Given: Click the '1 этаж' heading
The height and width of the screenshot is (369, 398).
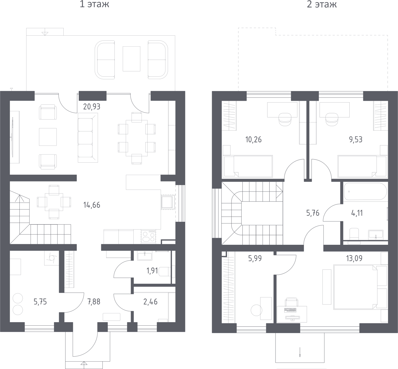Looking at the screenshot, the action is coord(95,4).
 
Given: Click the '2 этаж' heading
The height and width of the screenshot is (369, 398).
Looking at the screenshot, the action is coord(322,4).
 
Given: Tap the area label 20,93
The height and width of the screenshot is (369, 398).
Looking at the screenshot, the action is coord(92,107).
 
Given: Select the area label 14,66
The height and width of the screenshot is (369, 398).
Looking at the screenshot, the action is coord(92,205).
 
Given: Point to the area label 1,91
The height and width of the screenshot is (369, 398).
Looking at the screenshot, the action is coord(152,271).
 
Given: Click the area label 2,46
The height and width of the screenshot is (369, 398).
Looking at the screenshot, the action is coord(150,302).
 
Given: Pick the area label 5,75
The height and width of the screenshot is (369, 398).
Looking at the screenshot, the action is coord(40,302).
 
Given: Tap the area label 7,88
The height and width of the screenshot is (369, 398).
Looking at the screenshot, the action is coord(94,302).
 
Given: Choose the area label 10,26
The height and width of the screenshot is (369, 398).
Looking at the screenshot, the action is coord(253,140).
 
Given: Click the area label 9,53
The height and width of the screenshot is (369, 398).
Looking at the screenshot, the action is coord(356,140).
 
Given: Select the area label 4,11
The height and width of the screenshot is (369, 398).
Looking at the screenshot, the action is coord(357,213).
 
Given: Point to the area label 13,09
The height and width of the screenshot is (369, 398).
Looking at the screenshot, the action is coord(354,258).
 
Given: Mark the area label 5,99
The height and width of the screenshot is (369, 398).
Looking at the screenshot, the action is coord(255,258).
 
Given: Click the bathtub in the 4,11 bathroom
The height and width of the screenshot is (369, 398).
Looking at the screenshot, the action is coord(366,191).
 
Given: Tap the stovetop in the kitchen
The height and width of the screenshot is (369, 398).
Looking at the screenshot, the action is coord(149,236).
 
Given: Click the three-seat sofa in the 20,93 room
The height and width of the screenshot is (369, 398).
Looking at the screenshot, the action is coord(88,138).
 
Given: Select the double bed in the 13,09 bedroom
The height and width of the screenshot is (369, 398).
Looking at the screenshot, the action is coord(356,287).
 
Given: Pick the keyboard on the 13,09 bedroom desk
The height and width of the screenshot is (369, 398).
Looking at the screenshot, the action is coord(290,310).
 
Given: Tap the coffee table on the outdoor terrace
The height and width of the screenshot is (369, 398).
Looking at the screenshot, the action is coord(132,59).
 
